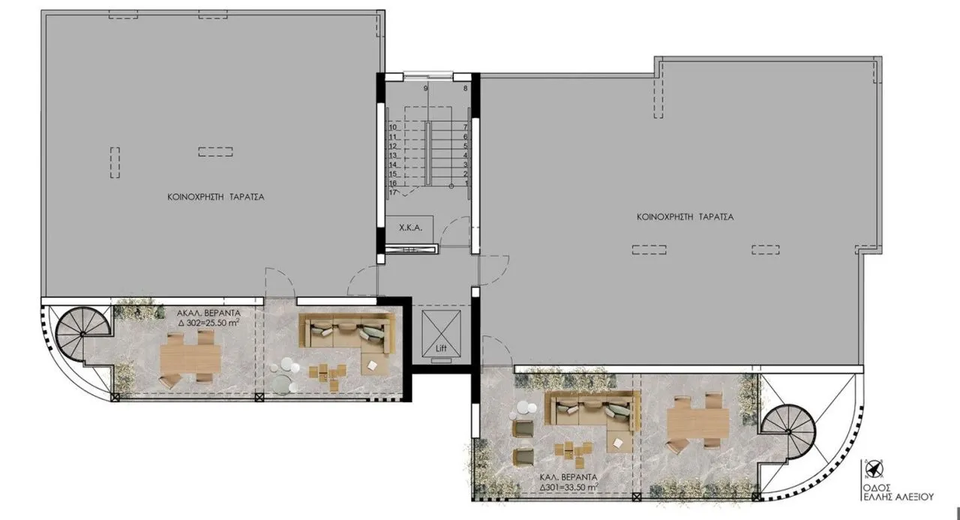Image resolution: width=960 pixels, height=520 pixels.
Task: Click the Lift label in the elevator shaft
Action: (x=441, y=348)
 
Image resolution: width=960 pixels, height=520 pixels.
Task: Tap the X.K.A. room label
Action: (x=410, y=228)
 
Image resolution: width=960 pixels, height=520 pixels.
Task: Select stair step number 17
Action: (x=392, y=193)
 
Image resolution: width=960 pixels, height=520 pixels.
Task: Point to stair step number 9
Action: (x=425, y=89)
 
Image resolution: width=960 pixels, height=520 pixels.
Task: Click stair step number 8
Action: (x=465, y=89)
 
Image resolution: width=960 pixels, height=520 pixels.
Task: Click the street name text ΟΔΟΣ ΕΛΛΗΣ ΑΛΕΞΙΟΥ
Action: (x=898, y=492)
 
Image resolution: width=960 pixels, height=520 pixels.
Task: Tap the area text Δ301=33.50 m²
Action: (x=568, y=488)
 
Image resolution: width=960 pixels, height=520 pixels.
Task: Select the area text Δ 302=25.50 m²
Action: (x=208, y=323)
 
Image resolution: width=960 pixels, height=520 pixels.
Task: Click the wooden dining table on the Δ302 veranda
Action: (x=190, y=359)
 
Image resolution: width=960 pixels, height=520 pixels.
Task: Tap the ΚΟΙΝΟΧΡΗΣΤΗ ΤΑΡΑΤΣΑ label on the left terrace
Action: (x=215, y=197)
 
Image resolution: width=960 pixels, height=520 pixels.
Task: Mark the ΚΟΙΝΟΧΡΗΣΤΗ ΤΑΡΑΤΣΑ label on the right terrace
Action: (x=685, y=217)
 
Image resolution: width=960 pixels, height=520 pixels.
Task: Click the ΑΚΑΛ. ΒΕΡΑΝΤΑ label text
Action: (x=208, y=313)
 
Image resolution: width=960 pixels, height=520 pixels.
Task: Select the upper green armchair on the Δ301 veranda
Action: (x=523, y=428)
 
